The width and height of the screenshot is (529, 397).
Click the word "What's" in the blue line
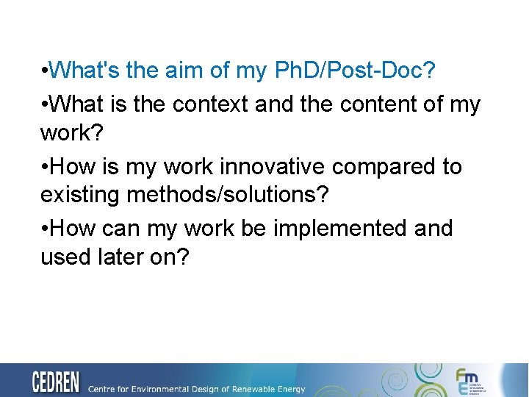(x=87, y=71)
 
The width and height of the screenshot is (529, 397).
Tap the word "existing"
(x=78, y=196)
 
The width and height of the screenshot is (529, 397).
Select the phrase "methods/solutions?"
(x=227, y=196)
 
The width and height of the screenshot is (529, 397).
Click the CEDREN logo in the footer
(x=56, y=382)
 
